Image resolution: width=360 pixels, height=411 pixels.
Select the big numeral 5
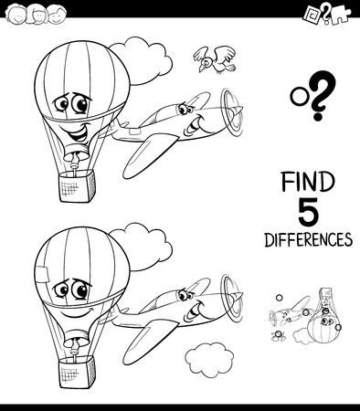308,212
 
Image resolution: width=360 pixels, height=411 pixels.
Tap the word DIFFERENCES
308,240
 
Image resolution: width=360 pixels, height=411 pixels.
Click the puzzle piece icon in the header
333,16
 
